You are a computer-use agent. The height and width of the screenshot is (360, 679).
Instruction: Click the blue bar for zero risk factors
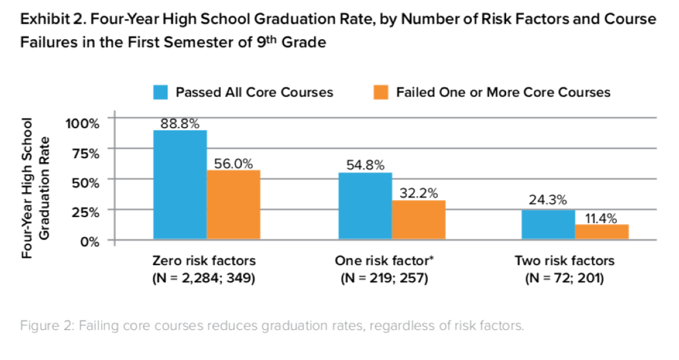(x=180, y=185)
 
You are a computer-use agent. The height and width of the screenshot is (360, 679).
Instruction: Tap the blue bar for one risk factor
(x=365, y=206)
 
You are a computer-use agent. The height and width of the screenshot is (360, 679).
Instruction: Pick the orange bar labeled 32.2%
(x=418, y=220)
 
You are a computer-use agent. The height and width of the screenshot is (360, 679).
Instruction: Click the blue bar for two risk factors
(x=548, y=225)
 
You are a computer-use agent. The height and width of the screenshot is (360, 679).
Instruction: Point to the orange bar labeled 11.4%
(x=602, y=232)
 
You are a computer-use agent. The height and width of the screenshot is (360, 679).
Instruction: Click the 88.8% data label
(x=180, y=124)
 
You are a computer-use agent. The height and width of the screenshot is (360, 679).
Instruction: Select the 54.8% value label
(x=365, y=165)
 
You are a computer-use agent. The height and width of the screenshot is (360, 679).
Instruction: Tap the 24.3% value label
(x=548, y=200)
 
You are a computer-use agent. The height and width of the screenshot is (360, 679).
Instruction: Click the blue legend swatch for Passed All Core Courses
(x=161, y=92)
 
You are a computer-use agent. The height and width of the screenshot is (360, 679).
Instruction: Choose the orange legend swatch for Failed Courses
(x=381, y=92)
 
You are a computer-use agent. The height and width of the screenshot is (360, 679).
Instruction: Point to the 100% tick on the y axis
(x=83, y=122)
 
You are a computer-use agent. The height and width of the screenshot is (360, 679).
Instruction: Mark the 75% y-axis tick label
(x=86, y=153)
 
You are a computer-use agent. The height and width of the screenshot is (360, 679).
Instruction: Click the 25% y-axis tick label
(x=86, y=212)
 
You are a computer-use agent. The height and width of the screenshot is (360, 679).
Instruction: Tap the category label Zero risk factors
(x=204, y=261)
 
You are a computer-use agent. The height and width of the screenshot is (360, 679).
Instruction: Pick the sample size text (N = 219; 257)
(x=384, y=278)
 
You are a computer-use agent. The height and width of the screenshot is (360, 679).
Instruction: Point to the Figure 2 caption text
(x=272, y=326)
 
